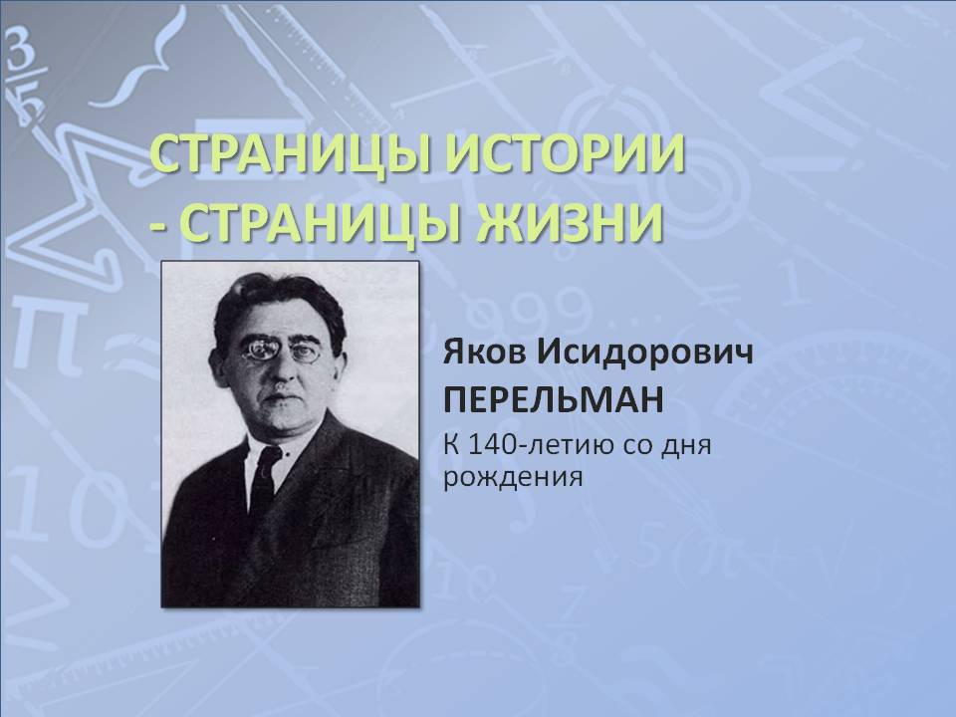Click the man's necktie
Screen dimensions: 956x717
click(263, 479)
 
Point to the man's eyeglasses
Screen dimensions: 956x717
click(281, 350)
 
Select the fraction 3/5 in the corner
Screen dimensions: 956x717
click(24, 80)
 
